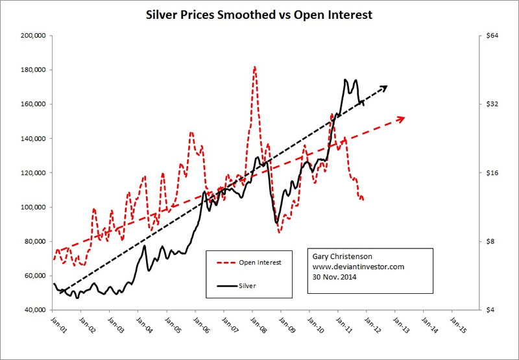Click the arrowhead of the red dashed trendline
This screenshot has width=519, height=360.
402,117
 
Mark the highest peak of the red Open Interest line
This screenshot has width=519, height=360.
255,67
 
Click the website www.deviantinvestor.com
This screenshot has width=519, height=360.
359,267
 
